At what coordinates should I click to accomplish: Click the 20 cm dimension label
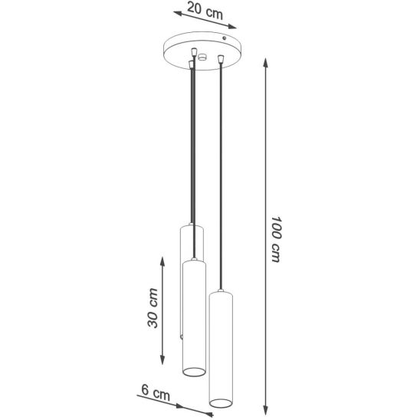tap(205, 11)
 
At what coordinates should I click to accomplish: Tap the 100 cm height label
tap(276, 239)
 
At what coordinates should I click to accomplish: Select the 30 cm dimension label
tap(153, 308)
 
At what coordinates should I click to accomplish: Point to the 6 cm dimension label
tap(156, 393)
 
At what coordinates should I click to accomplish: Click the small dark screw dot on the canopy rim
tap(225, 38)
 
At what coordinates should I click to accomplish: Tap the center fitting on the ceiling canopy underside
tap(202, 57)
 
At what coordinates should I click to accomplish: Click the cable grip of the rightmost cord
tap(221, 59)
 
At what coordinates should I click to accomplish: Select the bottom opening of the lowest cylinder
tap(221, 403)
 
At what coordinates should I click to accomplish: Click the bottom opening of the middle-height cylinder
tap(194, 372)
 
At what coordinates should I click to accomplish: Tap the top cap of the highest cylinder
tap(192, 227)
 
